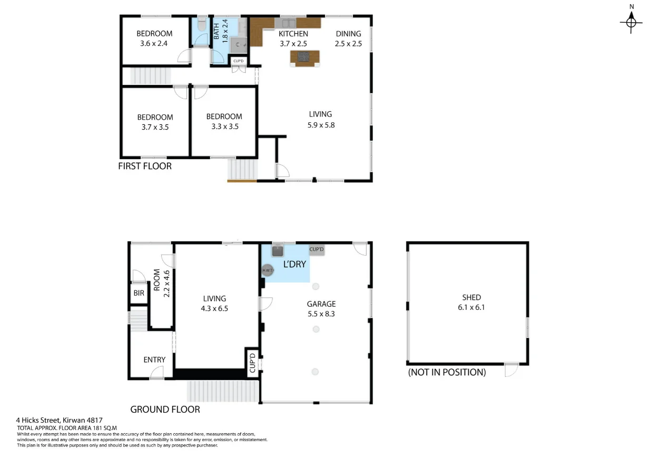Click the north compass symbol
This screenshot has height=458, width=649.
tap(631, 22)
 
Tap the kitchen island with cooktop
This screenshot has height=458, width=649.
tap(304, 57)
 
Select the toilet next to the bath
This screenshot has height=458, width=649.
tap(201, 25)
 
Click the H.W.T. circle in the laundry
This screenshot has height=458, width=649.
tap(268, 270)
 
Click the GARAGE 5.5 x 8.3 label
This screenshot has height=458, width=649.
tap(321, 308)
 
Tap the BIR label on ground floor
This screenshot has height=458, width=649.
tap(139, 293)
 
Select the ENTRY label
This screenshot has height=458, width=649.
tap(154, 360)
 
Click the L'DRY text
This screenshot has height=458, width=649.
tap(294, 264)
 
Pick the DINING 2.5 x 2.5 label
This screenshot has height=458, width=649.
tap(348, 39)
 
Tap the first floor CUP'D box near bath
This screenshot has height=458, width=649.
tap(239, 62)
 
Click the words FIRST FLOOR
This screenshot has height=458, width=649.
tap(145, 166)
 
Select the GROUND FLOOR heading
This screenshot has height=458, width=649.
tap(165, 409)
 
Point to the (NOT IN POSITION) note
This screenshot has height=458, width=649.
tap(447, 372)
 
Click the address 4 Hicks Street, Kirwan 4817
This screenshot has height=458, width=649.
tap(59, 420)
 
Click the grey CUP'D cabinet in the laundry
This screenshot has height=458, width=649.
tap(316, 250)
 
